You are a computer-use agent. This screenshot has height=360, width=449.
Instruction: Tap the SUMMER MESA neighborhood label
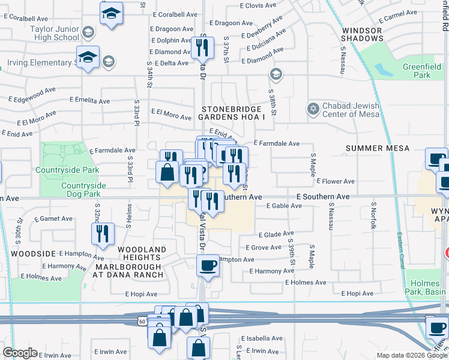378,148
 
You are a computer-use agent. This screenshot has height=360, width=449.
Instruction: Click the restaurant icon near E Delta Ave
202,47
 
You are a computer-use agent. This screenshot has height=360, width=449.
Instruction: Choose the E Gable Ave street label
284,206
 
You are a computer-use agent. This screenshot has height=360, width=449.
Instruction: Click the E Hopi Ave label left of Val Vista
141,295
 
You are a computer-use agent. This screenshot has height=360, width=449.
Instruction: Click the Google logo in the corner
19,353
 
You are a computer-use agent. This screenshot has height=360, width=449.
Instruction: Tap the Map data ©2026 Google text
411,355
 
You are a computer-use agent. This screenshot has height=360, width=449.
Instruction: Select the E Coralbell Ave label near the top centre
175,13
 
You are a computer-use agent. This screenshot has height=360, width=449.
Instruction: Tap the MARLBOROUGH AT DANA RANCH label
128,271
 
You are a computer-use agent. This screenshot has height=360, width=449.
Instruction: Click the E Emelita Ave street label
89,101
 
